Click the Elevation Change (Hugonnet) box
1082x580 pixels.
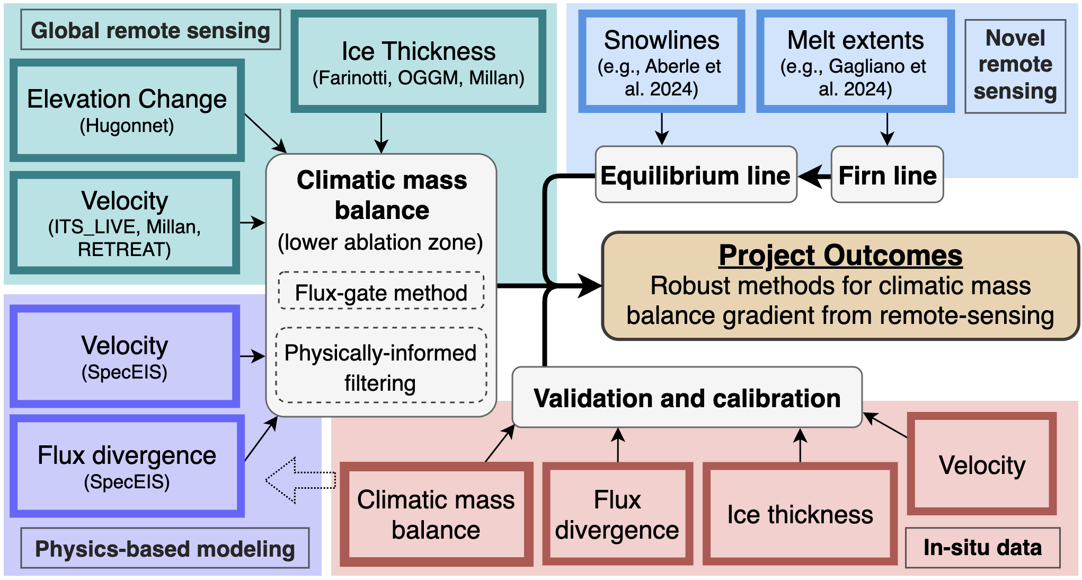127,110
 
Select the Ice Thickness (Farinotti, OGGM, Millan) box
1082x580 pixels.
418,61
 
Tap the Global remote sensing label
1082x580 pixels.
150,30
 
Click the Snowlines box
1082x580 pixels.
661,61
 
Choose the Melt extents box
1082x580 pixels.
855,61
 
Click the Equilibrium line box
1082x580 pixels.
696,175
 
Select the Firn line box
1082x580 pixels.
887,175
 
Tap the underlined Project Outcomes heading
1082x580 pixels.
840,256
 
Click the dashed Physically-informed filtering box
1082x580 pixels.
381,366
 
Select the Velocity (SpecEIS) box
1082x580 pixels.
125,356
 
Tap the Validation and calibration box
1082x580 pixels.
687,398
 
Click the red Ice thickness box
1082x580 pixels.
800,514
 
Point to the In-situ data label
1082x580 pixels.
982,548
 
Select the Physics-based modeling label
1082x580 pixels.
165,548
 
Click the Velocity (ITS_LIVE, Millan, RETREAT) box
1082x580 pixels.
125,223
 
